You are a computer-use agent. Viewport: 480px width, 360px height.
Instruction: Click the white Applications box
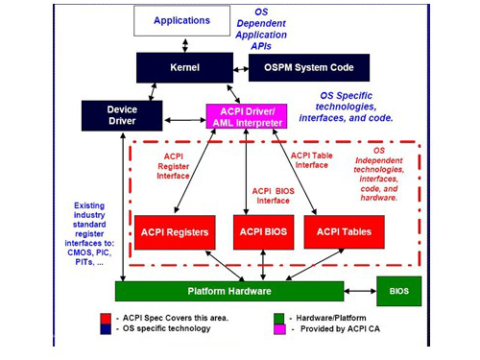pos(181,20)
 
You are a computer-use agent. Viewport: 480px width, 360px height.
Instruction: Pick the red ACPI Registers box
pos(175,232)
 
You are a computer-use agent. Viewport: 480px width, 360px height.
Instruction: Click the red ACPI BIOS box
pos(262,232)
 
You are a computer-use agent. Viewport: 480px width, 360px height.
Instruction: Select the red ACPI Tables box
pos(344,232)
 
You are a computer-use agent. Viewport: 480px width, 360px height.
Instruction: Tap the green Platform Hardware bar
pos(228,292)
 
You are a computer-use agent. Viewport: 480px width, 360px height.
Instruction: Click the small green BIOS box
pos(398,290)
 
